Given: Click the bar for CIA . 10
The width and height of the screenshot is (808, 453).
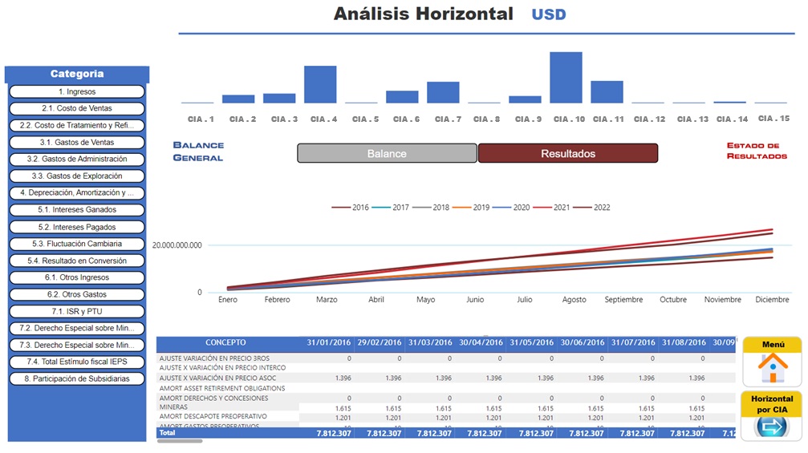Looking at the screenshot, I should coord(566,78).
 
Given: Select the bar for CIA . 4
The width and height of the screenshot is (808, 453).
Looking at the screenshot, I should coord(320,84).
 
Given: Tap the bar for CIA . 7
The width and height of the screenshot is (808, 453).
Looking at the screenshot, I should coord(443,92).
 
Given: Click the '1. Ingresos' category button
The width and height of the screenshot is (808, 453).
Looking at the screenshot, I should coord(77,92).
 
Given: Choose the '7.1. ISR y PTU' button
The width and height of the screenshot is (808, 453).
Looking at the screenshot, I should coord(77,311).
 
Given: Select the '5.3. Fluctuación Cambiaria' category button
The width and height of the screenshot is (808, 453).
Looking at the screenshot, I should coord(77,244).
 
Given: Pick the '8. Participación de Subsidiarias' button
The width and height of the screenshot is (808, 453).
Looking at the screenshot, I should coord(77,378).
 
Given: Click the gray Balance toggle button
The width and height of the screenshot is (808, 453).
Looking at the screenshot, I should coord(387,153).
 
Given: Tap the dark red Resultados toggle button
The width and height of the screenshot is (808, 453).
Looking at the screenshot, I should coord(568,153).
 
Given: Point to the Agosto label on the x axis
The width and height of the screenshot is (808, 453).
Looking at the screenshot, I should coord(575,300).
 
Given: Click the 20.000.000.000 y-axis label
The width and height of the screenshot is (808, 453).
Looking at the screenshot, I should coord(177,245).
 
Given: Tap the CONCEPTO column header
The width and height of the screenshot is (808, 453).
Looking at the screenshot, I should coord(225,343).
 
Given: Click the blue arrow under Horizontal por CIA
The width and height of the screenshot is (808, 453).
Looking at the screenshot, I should coord(773,427).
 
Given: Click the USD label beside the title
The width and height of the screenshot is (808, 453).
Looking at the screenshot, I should coord(548,14).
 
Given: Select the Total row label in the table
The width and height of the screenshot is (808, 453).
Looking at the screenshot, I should coord(168,433).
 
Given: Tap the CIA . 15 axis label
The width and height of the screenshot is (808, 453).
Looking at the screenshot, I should coord(772,119).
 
